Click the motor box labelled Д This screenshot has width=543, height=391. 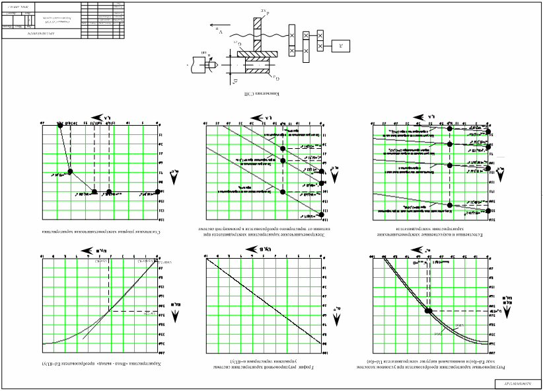pos(341,46)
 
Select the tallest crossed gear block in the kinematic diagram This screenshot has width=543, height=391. pos(292,42)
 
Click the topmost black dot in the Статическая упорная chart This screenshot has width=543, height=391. pos(60,126)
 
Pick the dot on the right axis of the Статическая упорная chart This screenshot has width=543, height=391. pos(158,192)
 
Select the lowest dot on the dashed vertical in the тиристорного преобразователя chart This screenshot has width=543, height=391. pos(283,192)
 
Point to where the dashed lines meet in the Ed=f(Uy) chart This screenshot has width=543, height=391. pos(110,311)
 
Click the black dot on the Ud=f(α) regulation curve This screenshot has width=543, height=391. pos(428,311)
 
